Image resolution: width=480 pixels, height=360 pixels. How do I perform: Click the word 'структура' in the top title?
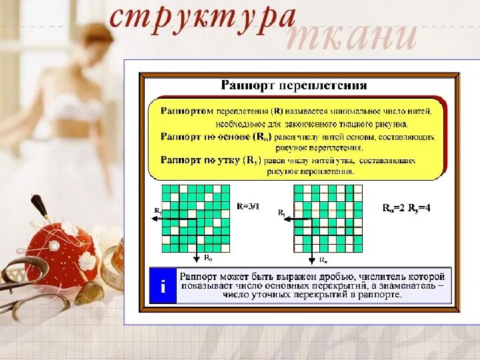[201, 18]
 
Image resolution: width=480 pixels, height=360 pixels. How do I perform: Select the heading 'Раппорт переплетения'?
[293, 85]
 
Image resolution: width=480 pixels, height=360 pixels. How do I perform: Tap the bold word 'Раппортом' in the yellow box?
[187, 111]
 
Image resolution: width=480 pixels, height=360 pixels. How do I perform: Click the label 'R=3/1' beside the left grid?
[247, 207]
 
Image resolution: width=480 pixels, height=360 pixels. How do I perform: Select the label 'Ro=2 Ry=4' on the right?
[406, 207]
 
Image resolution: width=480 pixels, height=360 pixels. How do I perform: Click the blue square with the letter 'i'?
[163, 287]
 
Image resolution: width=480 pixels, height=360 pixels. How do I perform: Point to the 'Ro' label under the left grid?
[207, 257]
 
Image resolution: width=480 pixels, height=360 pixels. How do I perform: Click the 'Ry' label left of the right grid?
[282, 212]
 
